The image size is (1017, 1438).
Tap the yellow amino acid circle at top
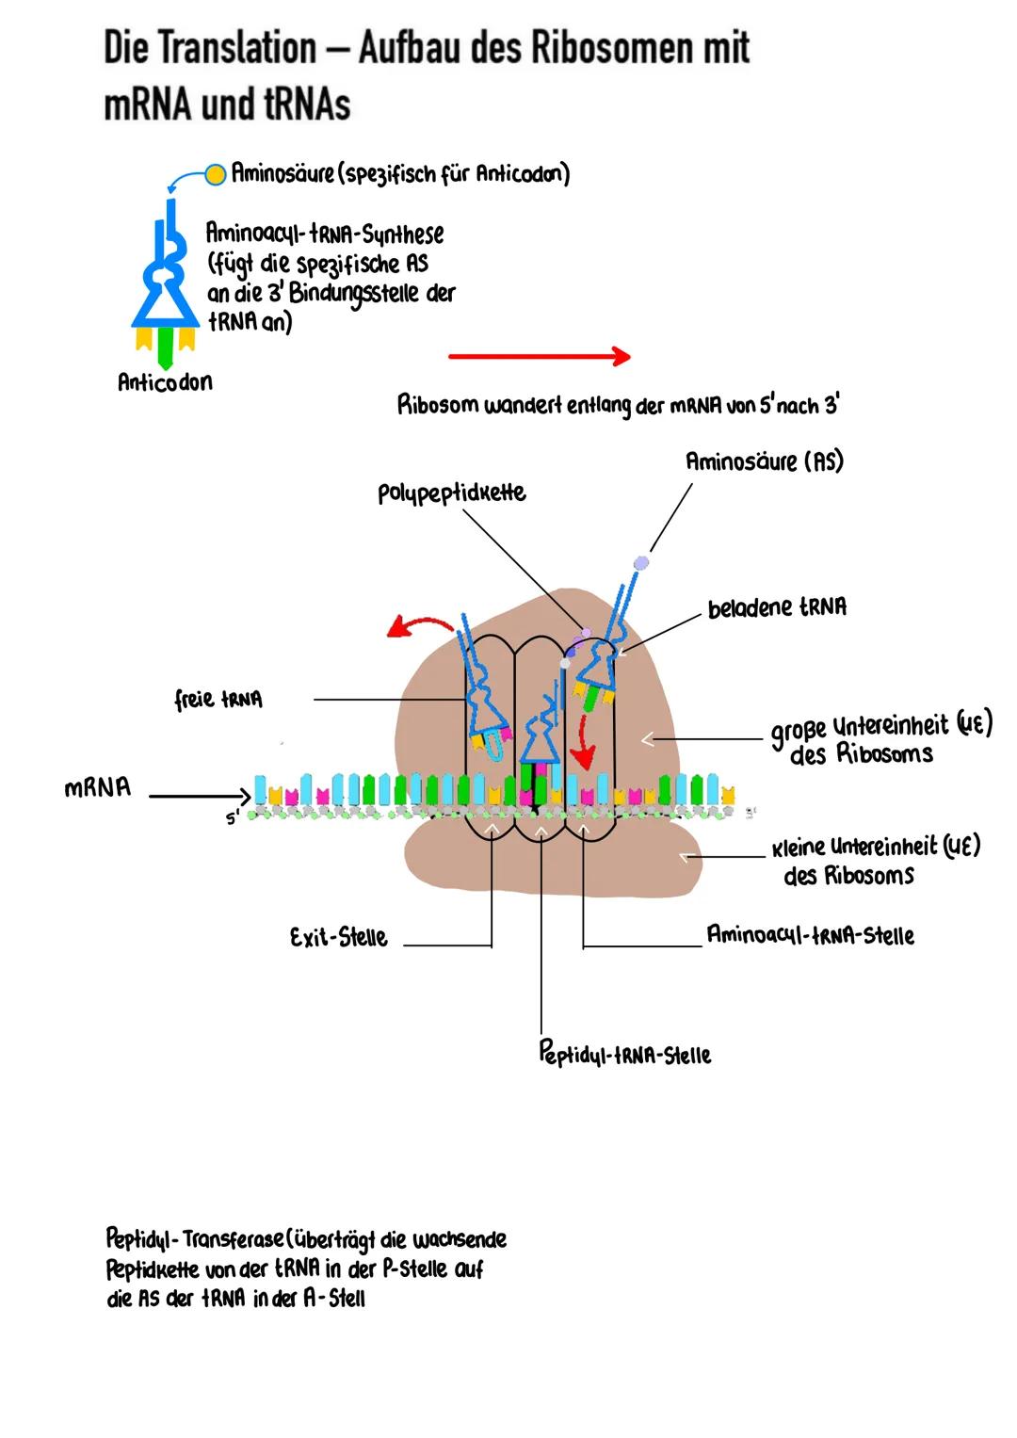tap(216, 173)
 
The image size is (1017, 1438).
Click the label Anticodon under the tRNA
tap(165, 382)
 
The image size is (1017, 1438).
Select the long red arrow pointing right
tap(539, 356)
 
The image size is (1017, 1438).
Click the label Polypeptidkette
tap(451, 493)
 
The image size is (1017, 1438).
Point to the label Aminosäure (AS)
tap(764, 461)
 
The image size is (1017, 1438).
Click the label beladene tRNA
tap(777, 607)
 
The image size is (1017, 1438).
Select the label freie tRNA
tap(218, 700)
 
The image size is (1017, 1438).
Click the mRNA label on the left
tap(97, 788)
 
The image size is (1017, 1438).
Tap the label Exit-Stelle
tap(338, 938)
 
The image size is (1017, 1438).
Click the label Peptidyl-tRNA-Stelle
tap(624, 1054)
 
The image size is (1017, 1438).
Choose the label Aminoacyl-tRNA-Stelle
tap(810, 935)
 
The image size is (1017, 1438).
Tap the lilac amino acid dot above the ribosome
tap(641, 562)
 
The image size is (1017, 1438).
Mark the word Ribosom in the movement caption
tap(438, 406)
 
